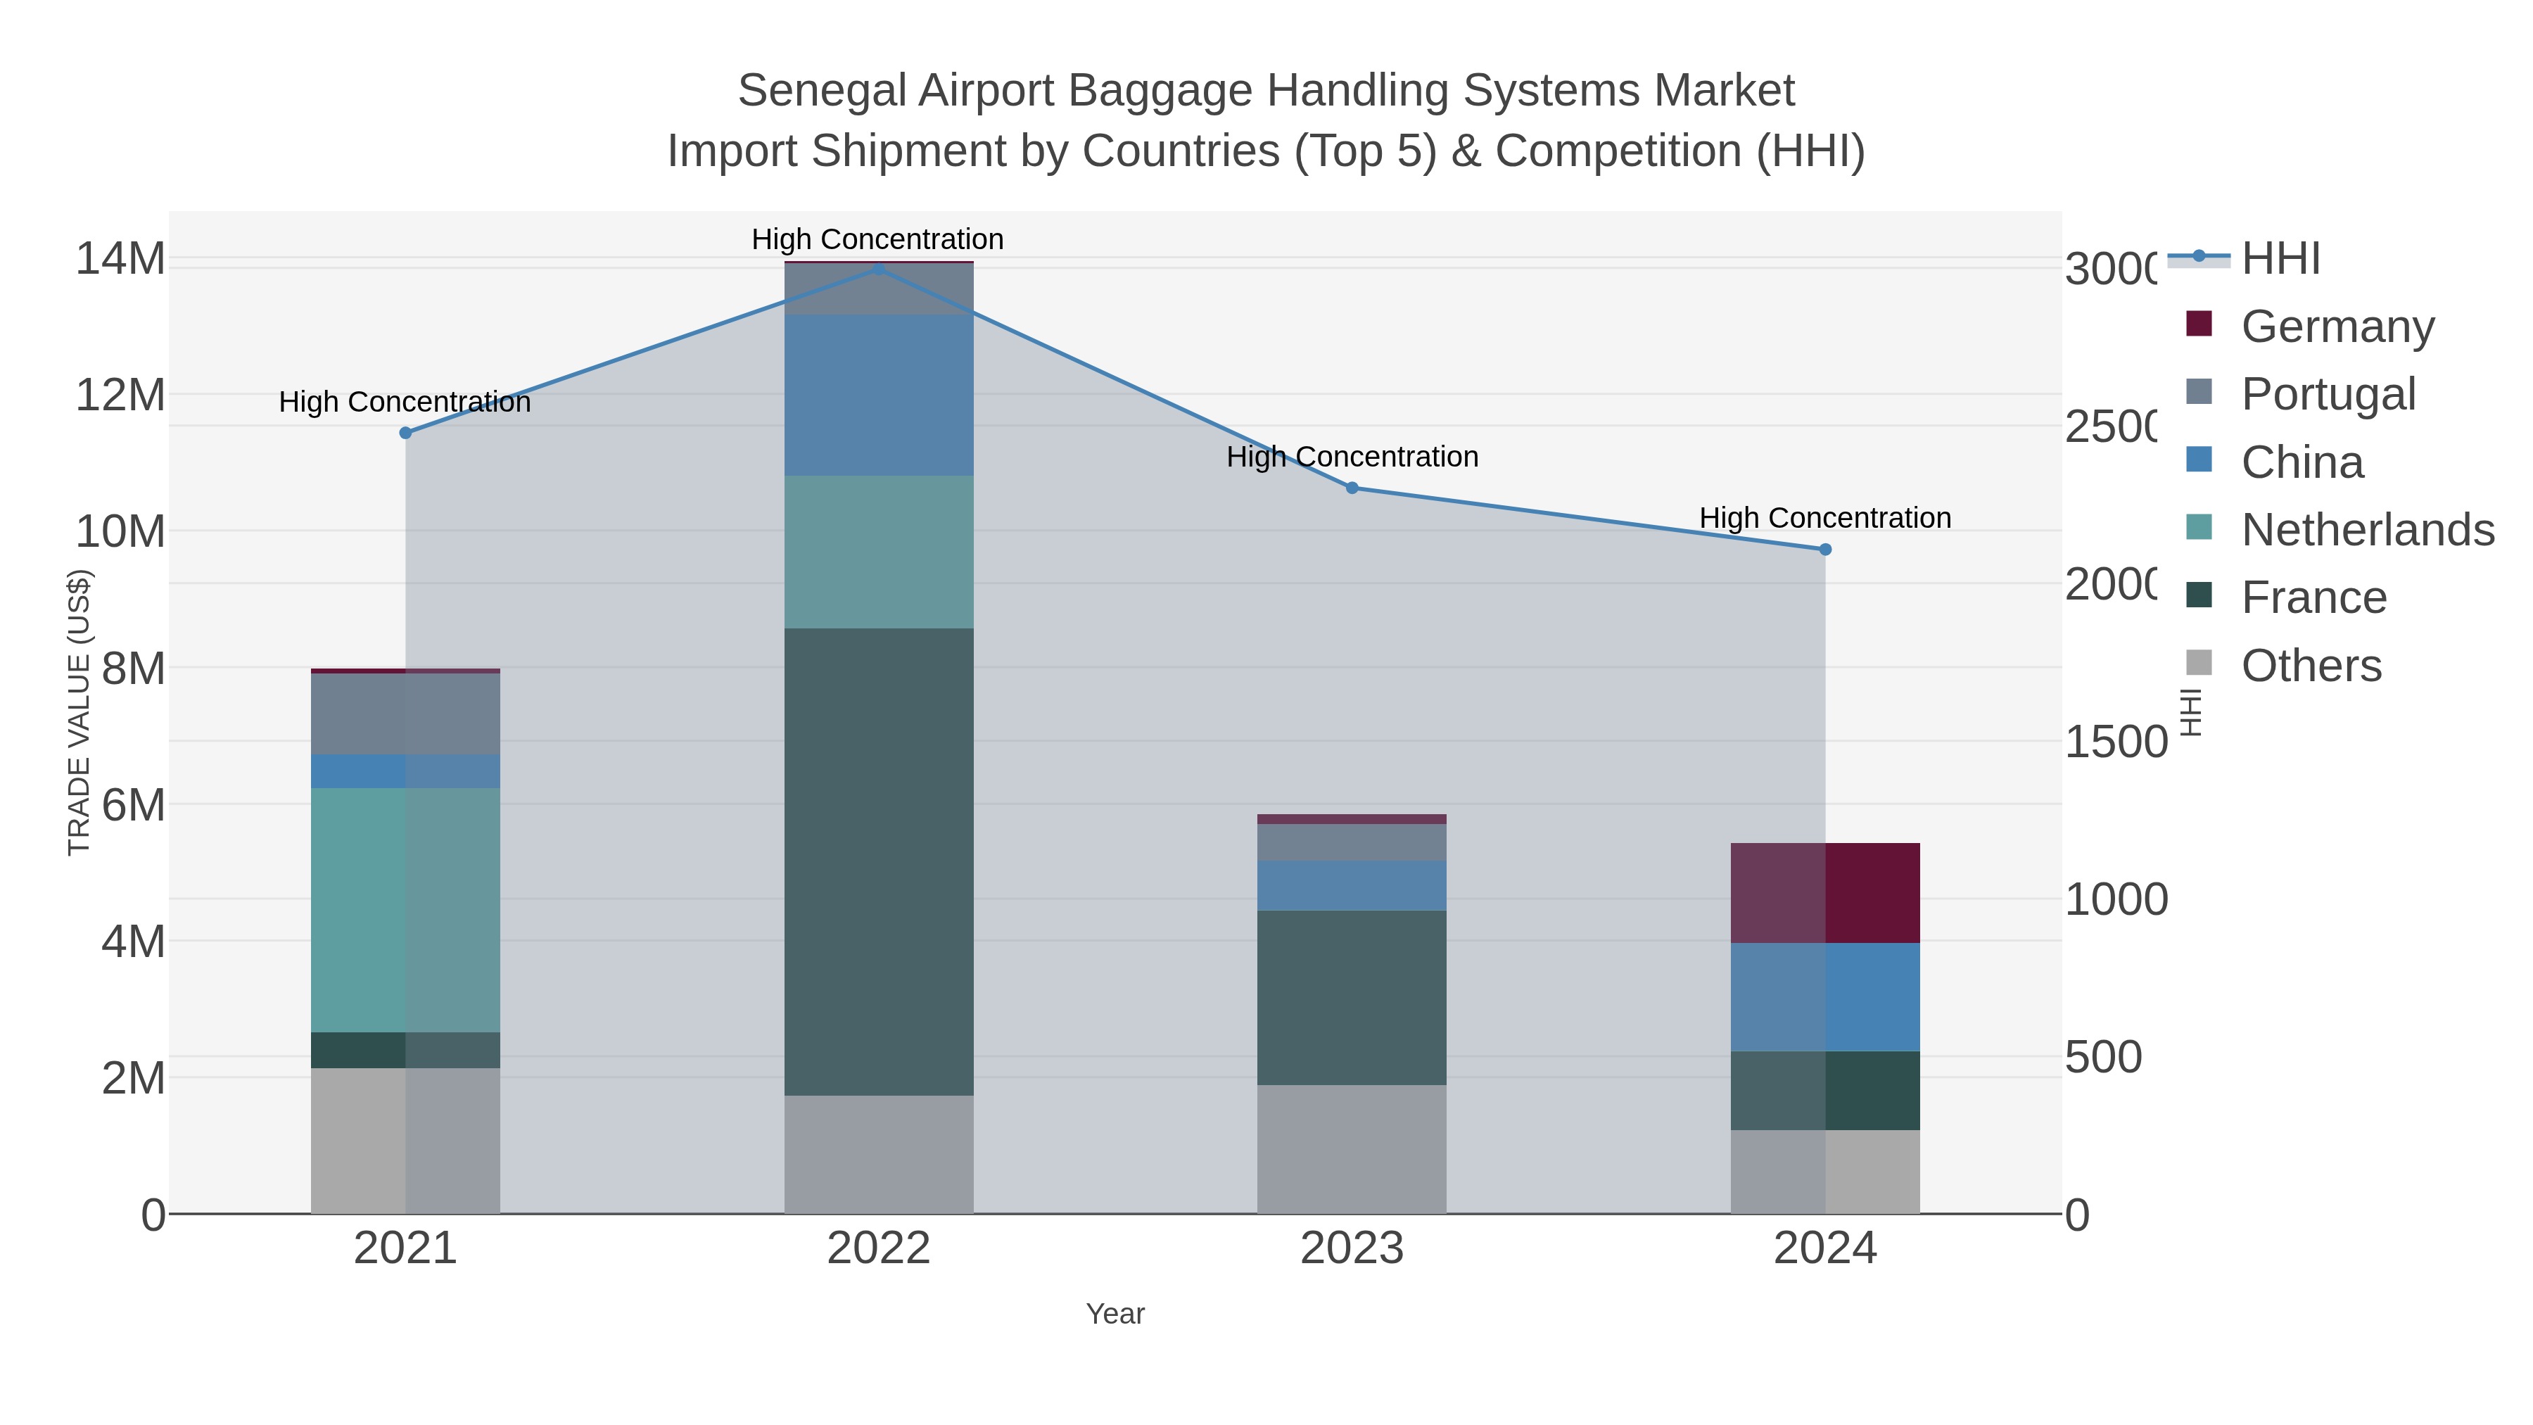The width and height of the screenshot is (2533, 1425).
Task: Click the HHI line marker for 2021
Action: [405, 433]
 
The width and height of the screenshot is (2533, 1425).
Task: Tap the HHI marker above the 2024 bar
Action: [1825, 550]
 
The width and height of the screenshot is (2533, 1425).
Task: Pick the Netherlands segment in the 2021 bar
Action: [405, 910]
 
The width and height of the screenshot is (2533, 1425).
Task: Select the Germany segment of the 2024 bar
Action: [1825, 893]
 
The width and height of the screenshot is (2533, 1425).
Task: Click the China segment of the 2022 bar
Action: [878, 395]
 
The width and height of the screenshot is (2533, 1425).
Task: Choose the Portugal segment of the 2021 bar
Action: [405, 714]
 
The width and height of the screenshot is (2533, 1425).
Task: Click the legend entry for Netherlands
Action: [2366, 530]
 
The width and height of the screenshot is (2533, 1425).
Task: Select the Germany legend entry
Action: [2336, 327]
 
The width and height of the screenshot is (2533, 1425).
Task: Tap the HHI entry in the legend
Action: [2279, 259]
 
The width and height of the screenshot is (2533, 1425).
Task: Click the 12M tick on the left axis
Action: [120, 395]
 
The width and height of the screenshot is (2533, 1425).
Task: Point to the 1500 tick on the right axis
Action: [2114, 742]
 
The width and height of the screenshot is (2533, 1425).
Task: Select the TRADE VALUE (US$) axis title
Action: [79, 713]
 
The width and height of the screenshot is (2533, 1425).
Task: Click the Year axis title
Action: [1115, 1314]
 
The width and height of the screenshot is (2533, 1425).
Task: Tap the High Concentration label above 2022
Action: [877, 239]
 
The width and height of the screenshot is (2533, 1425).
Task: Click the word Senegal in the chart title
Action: [821, 91]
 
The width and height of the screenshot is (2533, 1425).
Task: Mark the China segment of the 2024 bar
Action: [1825, 996]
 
